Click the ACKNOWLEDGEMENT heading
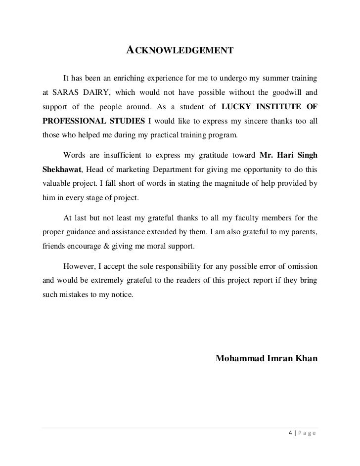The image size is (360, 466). point(180,50)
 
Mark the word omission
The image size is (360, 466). point(301,267)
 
